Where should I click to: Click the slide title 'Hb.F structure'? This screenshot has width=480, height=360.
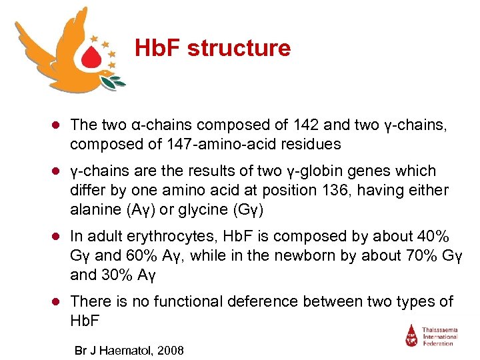213,48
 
